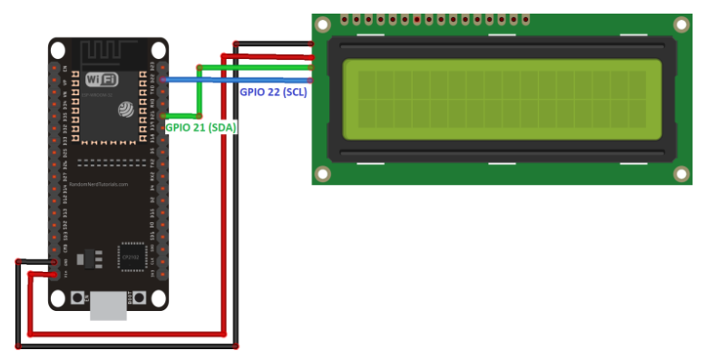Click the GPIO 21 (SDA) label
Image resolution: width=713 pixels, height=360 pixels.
click(x=200, y=128)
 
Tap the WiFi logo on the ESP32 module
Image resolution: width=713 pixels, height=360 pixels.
click(x=101, y=80)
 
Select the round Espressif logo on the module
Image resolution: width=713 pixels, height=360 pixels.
click(x=126, y=109)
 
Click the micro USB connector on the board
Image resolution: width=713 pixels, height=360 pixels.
click(x=108, y=306)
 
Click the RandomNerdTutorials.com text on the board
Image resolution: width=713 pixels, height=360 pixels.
click(x=99, y=184)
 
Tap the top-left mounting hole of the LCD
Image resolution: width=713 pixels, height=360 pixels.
click(x=324, y=25)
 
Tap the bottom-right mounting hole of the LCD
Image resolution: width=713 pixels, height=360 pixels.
click(x=680, y=172)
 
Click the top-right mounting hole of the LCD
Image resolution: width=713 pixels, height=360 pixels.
click(x=680, y=25)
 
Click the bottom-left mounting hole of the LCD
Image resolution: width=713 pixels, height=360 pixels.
click(x=324, y=172)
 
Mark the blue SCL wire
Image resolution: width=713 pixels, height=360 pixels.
click(x=236, y=81)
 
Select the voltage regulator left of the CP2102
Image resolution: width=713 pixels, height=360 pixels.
click(x=90, y=259)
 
